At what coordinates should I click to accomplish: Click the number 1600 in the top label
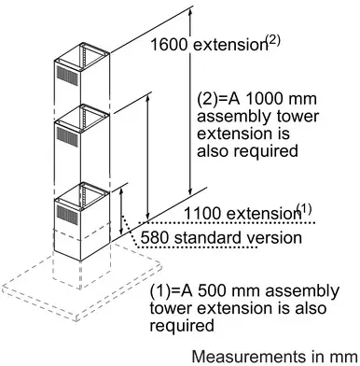169,45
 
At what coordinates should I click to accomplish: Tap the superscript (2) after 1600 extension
272,41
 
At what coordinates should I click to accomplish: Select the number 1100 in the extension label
202,214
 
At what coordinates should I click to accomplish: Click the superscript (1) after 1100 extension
304,209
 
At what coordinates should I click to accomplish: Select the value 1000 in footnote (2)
264,99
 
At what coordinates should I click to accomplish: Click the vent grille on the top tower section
67,76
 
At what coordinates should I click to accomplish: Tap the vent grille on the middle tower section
67,137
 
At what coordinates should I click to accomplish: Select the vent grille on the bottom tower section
67,215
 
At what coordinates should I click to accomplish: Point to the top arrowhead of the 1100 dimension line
148,97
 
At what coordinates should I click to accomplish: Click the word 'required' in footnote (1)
182,326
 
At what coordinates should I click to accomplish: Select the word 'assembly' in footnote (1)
302,291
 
